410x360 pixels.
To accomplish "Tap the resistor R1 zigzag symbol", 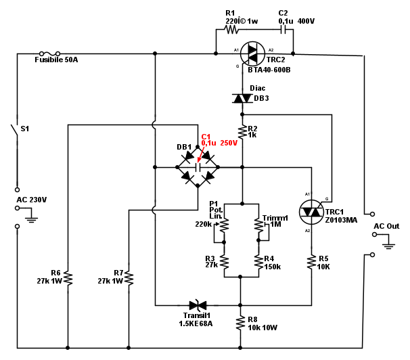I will click(233, 30).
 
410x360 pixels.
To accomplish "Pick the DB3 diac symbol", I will click(242, 98).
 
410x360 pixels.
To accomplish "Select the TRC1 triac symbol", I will click(312, 211).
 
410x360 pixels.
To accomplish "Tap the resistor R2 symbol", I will click(242, 131).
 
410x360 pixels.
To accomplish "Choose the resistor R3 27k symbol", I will click(224, 262).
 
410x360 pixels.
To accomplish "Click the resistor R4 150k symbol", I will click(258, 262).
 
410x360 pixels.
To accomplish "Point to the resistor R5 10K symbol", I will click(312, 262).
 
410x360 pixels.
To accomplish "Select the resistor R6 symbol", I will click(68, 277).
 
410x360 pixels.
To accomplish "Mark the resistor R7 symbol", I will click(129, 277).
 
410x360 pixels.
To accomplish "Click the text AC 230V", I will click(31, 200).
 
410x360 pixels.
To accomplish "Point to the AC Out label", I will click(387, 226).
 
